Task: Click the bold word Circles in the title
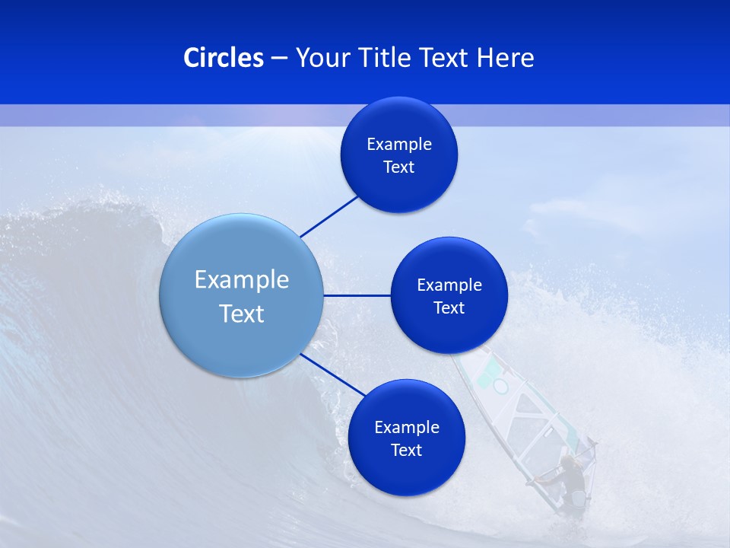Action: (224, 58)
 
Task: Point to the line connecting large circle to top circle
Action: (330, 216)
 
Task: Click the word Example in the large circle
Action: (242, 280)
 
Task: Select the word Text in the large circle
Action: (242, 314)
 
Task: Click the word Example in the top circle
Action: (399, 145)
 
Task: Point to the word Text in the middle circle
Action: (449, 308)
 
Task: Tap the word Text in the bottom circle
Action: (406, 451)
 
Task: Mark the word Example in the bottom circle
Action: (407, 428)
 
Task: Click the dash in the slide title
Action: (279, 58)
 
